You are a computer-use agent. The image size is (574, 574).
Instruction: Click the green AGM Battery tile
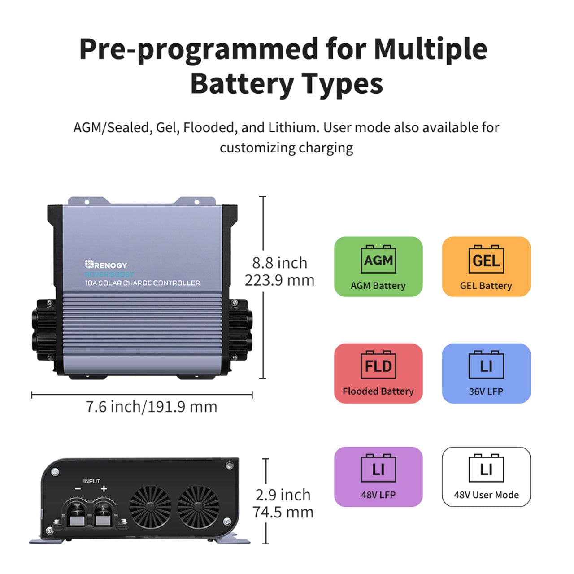[x=378, y=266]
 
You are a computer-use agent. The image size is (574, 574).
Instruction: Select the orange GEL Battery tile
[x=486, y=266]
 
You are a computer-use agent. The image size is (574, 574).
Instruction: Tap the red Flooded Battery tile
[x=378, y=373]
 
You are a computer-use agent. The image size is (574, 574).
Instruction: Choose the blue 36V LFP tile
[x=486, y=373]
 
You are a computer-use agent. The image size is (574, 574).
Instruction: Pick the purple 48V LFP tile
[x=378, y=477]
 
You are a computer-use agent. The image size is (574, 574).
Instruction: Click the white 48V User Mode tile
[x=486, y=477]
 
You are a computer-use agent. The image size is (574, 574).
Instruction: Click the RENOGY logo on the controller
[x=106, y=265]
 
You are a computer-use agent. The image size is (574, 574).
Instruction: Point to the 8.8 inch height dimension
[x=279, y=262]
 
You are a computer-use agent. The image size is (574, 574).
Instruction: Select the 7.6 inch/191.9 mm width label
[x=151, y=407]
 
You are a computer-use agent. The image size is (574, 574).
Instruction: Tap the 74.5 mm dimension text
[x=283, y=512]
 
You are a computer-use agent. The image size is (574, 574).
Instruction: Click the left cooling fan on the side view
[x=150, y=507]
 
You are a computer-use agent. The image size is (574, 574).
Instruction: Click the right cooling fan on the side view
[x=198, y=507]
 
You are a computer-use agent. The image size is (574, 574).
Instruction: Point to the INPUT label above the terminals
[x=91, y=481]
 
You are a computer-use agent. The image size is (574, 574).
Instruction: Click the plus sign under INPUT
[x=104, y=489]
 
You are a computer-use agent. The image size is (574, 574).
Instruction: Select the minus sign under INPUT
[x=78, y=489]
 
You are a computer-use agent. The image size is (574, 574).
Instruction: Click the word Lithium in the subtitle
[x=292, y=127]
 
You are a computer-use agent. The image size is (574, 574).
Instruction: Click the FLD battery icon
[x=378, y=365]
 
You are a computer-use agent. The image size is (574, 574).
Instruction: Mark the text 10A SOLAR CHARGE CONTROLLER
[x=143, y=283]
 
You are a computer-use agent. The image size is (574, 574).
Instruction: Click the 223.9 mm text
[x=279, y=280]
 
